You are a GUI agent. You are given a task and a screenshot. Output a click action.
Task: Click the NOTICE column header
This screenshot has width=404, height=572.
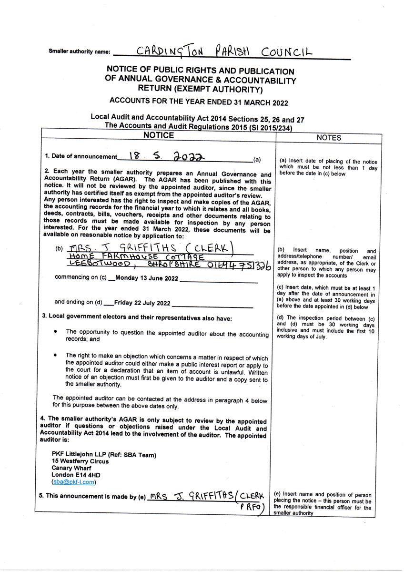159,135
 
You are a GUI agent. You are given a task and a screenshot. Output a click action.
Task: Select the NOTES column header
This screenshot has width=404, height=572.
329,138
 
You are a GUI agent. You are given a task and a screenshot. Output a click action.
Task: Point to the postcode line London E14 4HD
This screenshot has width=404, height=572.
76,475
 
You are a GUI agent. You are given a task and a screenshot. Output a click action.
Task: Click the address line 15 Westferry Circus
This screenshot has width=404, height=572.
80,461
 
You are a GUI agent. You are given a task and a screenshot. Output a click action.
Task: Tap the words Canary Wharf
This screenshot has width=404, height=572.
71,468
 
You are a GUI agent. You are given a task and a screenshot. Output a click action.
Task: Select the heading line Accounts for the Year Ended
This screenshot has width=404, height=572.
199,102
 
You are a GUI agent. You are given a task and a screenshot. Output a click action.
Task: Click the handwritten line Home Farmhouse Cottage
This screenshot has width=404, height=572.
137,257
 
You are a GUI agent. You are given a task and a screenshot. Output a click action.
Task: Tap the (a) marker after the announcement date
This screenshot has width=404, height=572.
257,159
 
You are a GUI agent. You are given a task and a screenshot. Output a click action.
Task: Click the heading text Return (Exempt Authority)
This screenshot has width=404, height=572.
200,89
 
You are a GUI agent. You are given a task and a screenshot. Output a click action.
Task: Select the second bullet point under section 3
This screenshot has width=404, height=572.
56,355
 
